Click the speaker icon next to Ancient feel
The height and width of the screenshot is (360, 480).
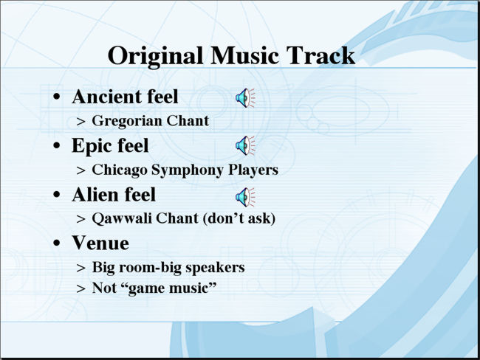245,98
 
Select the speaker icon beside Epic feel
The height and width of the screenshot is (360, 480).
245,145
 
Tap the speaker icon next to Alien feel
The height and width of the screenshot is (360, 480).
245,197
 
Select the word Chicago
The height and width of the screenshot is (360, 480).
120,170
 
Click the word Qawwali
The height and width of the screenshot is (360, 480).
122,219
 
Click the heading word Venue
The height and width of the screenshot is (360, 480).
100,243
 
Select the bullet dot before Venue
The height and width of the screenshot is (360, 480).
57,243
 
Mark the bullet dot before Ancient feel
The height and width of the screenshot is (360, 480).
57,97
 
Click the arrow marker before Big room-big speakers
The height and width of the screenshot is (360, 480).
80,269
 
